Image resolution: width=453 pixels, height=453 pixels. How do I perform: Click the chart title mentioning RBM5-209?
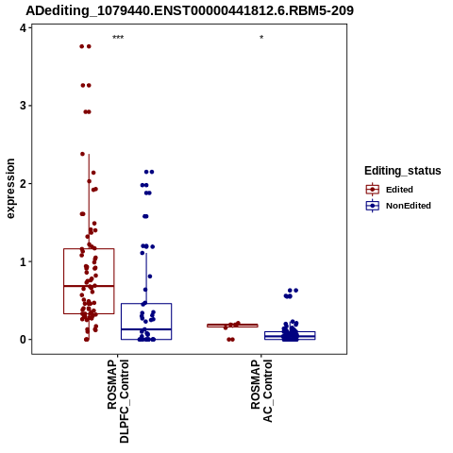(x=190, y=10)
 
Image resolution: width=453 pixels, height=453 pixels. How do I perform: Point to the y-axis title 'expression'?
(x=10, y=189)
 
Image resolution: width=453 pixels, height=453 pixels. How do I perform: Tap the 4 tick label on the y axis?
(x=23, y=28)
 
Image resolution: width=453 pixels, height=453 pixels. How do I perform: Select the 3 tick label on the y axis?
(x=23, y=106)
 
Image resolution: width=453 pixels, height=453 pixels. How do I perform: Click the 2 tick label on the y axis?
(x=23, y=184)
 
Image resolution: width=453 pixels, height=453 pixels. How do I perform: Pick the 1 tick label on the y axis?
(x=23, y=261)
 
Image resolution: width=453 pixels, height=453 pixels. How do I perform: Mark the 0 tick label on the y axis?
(x=23, y=340)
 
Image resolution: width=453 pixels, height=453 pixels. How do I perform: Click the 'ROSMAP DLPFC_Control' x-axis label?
(x=118, y=401)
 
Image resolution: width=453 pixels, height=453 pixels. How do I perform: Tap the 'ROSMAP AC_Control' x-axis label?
(x=261, y=391)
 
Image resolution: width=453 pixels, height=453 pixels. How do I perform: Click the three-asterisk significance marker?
(x=118, y=38)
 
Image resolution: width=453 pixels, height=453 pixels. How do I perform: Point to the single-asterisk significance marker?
(x=261, y=38)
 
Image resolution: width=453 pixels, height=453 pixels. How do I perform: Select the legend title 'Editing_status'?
(x=403, y=171)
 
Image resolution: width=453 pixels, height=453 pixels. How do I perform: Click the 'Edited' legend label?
(x=399, y=190)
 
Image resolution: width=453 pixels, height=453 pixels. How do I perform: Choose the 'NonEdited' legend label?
(x=409, y=206)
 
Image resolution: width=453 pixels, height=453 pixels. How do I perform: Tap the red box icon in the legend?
(x=373, y=190)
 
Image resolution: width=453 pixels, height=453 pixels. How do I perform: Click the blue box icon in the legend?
(x=373, y=206)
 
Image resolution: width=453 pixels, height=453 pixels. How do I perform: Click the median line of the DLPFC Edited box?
(x=89, y=286)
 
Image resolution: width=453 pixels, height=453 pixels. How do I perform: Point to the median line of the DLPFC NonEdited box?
(x=146, y=329)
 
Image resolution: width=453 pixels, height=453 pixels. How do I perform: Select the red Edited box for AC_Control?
(x=232, y=326)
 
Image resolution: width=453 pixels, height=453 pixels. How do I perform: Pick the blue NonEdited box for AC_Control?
(x=290, y=336)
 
